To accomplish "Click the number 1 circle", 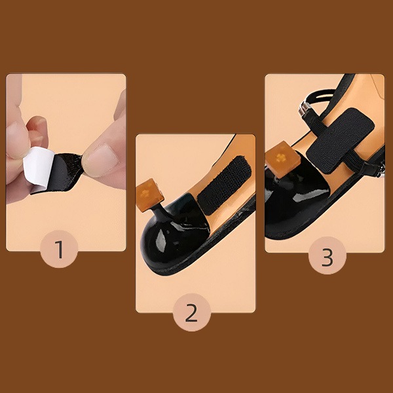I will coord(60,249).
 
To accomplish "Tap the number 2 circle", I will coord(191,312).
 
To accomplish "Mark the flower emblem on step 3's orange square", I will coord(280,158).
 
